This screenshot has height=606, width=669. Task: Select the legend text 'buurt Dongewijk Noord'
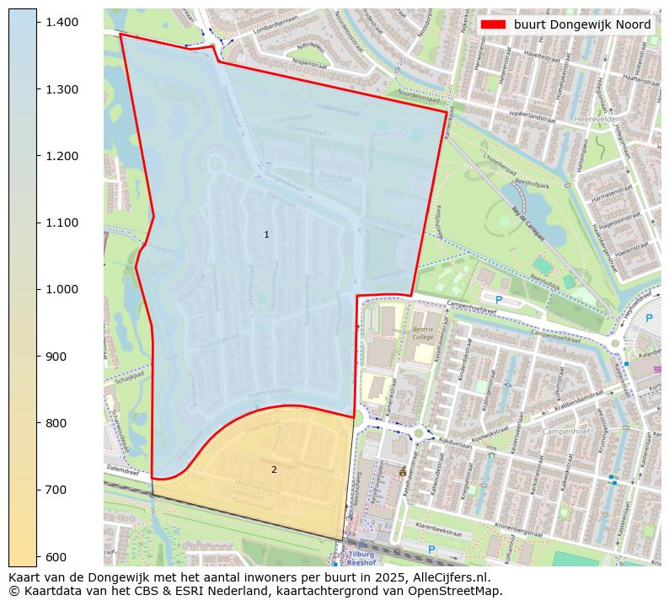582,24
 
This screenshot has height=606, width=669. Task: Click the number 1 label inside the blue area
266,234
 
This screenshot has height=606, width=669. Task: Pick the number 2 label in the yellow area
274,469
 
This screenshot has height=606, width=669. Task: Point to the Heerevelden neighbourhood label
597,120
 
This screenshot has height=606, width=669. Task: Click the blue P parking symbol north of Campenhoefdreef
498,299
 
